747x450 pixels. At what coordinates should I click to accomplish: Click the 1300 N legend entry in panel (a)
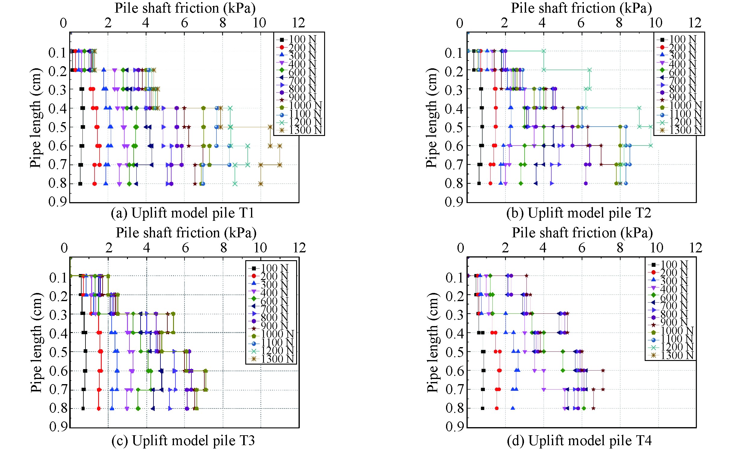click(x=299, y=130)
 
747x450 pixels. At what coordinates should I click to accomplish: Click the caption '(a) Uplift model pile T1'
click(x=182, y=213)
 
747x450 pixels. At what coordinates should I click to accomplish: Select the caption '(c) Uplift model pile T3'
click(x=183, y=441)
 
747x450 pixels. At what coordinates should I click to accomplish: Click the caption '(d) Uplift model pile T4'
click(x=579, y=441)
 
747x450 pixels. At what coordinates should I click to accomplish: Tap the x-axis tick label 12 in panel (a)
click(x=299, y=23)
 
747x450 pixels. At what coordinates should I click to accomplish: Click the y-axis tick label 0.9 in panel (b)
click(x=454, y=202)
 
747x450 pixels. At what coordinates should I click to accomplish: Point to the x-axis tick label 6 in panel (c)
click(x=185, y=248)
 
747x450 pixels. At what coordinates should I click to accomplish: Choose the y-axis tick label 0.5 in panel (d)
click(x=455, y=352)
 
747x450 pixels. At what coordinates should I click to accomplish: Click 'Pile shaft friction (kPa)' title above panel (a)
click(x=185, y=8)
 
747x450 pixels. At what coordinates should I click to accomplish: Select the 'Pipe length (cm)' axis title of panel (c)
click(x=36, y=342)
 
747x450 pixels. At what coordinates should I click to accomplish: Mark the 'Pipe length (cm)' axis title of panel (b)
click(x=432, y=118)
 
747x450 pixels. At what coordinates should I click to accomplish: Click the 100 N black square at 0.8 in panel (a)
click(x=80, y=183)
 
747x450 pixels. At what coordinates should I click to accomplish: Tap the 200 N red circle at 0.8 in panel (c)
click(x=98, y=408)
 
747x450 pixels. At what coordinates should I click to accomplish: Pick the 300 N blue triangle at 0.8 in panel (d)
click(x=513, y=408)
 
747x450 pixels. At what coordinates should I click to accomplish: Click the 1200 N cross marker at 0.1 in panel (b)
click(x=544, y=51)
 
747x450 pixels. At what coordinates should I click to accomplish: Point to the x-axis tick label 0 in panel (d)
click(x=460, y=248)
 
